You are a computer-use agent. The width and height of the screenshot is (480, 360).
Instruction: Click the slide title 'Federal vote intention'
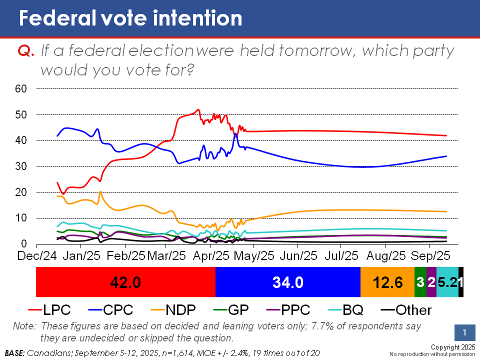click(x=130, y=18)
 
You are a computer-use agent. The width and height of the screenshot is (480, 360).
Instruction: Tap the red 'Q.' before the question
click(x=25, y=50)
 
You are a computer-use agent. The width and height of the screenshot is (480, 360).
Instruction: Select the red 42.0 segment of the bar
click(x=126, y=282)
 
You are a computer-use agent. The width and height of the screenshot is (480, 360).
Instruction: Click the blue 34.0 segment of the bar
click(x=288, y=282)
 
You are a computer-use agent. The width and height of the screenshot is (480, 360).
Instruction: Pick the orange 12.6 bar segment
click(x=387, y=282)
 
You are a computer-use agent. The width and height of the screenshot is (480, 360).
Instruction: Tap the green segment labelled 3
click(x=420, y=282)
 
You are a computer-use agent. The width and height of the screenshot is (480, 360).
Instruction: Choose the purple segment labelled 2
click(x=431, y=282)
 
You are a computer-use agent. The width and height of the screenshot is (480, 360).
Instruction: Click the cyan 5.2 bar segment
click(x=447, y=282)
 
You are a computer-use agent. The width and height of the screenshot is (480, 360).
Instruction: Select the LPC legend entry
click(x=49, y=310)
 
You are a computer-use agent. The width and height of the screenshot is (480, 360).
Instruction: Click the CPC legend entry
click(x=110, y=310)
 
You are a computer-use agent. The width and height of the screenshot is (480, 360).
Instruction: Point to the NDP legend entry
click(x=173, y=310)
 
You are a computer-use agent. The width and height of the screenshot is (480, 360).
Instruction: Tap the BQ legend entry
click(x=345, y=310)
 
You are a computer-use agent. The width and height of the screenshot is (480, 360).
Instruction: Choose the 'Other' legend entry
click(x=406, y=310)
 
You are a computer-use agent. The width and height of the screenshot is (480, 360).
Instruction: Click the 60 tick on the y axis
click(x=21, y=89)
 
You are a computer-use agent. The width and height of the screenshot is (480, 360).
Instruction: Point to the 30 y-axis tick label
click(x=21, y=166)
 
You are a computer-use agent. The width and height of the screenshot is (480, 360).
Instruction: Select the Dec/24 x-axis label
click(x=37, y=256)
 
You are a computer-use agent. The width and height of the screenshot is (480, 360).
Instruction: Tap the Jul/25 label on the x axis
click(x=341, y=256)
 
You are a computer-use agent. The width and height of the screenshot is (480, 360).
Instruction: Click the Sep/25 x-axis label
click(x=430, y=256)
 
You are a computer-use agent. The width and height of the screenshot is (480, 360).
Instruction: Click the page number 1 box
click(x=464, y=332)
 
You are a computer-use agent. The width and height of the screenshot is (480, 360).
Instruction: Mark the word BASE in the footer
click(x=14, y=353)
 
